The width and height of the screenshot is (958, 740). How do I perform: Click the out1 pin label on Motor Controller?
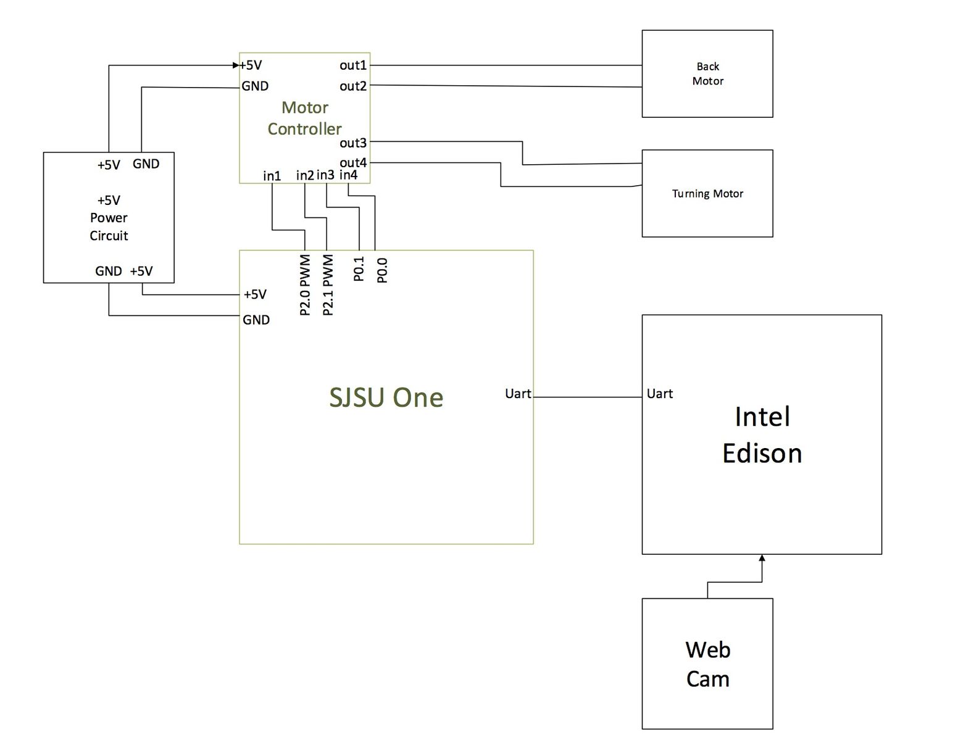click(352, 65)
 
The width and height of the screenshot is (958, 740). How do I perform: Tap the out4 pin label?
click(352, 163)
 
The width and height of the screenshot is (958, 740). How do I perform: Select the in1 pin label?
click(272, 176)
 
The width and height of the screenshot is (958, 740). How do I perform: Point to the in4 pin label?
click(348, 175)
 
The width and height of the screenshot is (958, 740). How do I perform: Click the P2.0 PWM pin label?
click(305, 285)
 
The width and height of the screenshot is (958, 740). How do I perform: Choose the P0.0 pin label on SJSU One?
click(382, 270)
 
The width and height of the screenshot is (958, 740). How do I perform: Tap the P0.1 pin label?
click(359, 269)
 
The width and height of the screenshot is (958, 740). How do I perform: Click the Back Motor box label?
click(707, 73)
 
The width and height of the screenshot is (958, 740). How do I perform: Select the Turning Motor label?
click(707, 193)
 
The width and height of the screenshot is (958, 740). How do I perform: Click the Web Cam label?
click(707, 664)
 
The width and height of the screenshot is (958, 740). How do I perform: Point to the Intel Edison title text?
click(762, 435)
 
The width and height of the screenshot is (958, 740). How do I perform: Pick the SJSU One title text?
click(386, 397)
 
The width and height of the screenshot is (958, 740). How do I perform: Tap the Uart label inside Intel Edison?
click(659, 394)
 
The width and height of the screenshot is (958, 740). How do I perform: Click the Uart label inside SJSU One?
click(518, 394)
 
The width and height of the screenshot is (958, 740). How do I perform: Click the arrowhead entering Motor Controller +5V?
click(236, 65)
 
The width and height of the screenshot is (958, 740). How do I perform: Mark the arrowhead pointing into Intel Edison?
click(762, 558)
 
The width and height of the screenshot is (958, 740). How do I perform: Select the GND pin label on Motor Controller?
click(255, 86)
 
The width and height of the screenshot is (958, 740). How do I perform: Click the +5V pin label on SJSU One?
click(255, 294)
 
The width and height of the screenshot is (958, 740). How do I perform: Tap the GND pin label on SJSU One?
click(256, 320)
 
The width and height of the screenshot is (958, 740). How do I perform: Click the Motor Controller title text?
click(305, 118)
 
